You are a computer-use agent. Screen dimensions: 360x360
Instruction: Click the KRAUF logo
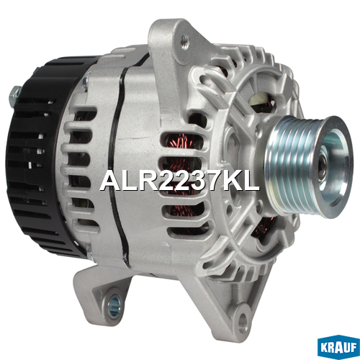(338, 347)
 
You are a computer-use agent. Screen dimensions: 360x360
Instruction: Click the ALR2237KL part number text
(179, 181)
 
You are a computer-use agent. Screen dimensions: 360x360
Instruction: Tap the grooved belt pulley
(310, 166)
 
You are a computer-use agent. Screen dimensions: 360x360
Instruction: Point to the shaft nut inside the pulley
(323, 166)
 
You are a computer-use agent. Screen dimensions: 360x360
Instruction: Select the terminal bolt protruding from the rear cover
(15, 95)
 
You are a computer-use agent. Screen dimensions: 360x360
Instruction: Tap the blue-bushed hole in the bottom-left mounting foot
(114, 304)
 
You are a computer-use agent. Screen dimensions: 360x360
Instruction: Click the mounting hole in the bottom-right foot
(243, 320)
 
